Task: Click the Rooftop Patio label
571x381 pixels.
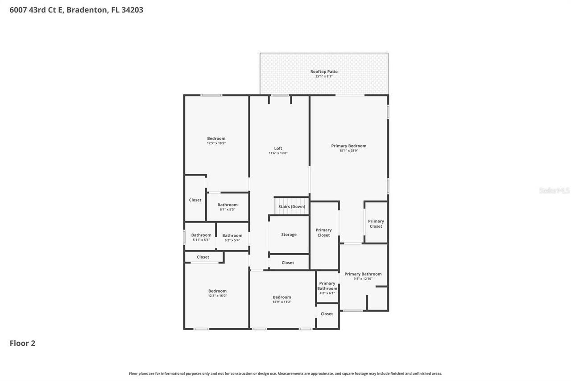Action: (x=324, y=71)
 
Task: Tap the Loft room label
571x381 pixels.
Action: (x=278, y=148)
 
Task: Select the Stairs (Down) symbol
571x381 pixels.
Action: (x=291, y=206)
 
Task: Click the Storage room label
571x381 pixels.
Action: (x=289, y=234)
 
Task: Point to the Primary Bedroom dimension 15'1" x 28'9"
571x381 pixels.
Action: (x=348, y=151)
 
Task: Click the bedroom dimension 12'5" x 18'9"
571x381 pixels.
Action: (x=216, y=143)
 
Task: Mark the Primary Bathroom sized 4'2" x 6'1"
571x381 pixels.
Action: (x=327, y=288)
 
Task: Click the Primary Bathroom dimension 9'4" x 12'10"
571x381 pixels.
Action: (x=363, y=279)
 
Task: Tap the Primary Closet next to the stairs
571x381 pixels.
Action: (x=323, y=233)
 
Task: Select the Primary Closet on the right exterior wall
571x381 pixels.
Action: (x=376, y=224)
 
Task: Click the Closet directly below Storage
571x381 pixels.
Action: (x=288, y=263)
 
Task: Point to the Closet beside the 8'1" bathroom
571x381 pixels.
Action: (x=195, y=200)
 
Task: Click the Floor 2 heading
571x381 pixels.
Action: (x=22, y=343)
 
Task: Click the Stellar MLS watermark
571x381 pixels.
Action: (x=554, y=191)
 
